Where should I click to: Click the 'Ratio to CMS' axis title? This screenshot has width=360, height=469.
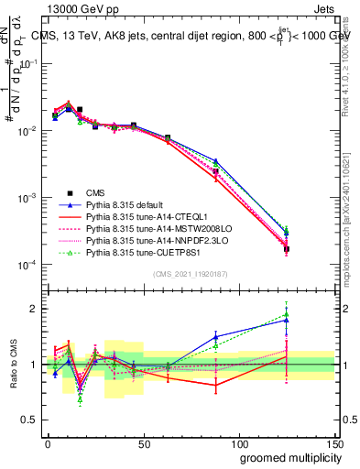click(x=12, y=365)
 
